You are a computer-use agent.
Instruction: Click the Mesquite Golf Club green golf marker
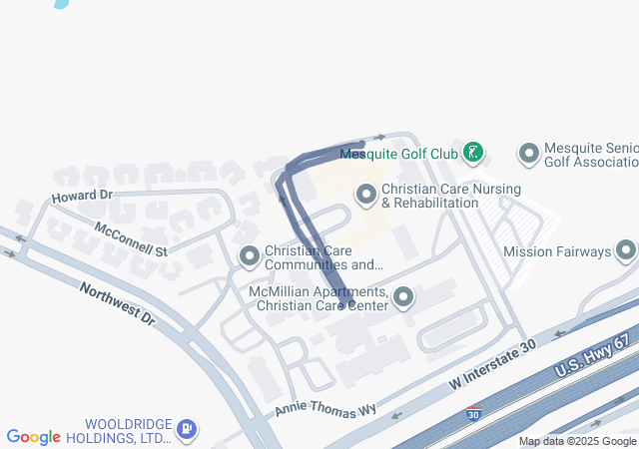(473, 154)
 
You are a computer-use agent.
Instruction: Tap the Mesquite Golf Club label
(398, 154)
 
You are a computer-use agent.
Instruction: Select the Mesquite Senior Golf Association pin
(528, 154)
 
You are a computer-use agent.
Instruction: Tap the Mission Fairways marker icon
(626, 250)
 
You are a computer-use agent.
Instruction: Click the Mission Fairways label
(556, 251)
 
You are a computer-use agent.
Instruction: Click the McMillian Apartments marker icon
(403, 296)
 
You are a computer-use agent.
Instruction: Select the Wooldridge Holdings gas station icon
(186, 430)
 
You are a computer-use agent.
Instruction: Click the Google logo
(34, 437)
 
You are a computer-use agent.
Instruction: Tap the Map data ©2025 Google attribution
(577, 441)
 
